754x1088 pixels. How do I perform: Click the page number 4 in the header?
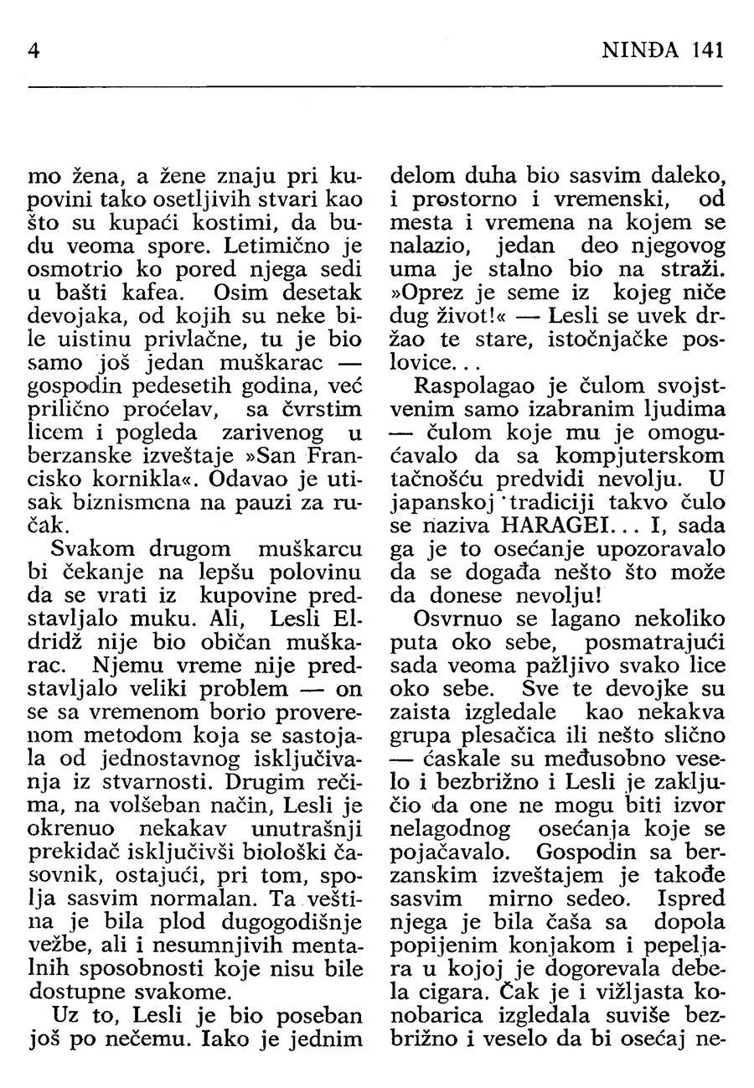pyautogui.click(x=34, y=50)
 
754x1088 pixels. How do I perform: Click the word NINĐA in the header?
pyautogui.click(x=644, y=50)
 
